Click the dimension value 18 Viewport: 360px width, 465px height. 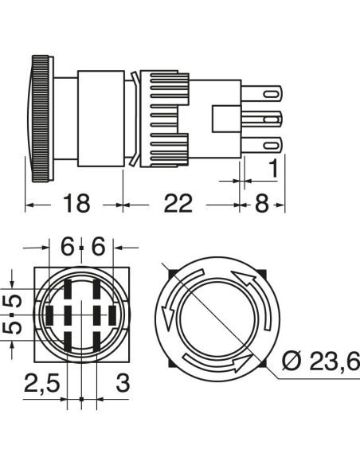click(x=76, y=203)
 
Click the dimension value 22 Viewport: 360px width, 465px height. click(x=178, y=203)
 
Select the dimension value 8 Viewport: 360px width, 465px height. click(x=262, y=203)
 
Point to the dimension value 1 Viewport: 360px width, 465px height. click(x=274, y=169)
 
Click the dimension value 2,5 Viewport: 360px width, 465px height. click(x=41, y=382)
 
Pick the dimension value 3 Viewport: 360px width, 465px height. click(x=123, y=382)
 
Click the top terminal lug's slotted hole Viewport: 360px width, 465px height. click(x=272, y=94)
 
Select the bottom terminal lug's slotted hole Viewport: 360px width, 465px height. click(x=272, y=146)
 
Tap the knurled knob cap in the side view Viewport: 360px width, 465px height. click(x=41, y=119)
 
